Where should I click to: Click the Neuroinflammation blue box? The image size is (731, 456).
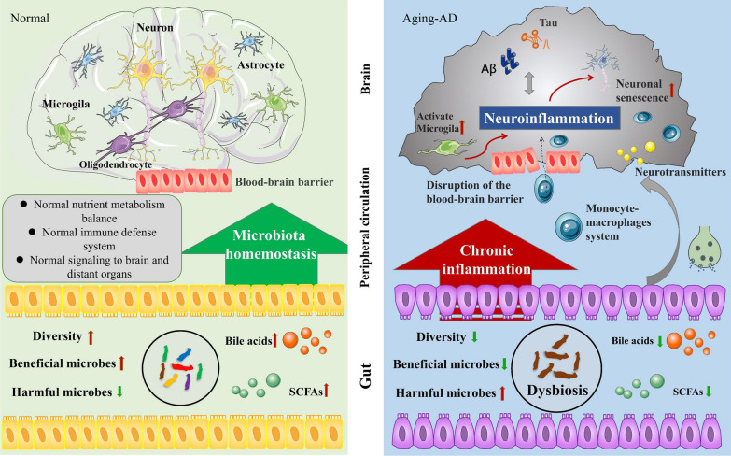[x=550, y=118]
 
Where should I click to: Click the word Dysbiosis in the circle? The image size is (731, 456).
[x=557, y=391]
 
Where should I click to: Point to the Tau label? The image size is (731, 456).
[x=548, y=22]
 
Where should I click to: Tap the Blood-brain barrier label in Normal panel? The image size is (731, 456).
[x=284, y=182]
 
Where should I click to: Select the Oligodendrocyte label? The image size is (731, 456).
[x=116, y=164]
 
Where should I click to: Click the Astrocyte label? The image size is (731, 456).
[x=260, y=64]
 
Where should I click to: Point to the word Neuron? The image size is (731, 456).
[x=155, y=27]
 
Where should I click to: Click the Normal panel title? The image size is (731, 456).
[x=30, y=18]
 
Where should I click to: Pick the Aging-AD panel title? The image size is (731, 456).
[x=429, y=19]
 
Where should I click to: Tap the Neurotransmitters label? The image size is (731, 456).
[x=681, y=172]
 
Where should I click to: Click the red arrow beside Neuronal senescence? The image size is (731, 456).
[x=672, y=91]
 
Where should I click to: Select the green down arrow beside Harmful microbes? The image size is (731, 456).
[x=119, y=392]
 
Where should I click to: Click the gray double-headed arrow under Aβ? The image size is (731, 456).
[x=528, y=84]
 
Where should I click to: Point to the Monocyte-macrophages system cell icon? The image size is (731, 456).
[x=569, y=227]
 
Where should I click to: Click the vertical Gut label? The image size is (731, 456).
[x=366, y=377]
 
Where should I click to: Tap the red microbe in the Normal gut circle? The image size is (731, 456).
[x=182, y=367]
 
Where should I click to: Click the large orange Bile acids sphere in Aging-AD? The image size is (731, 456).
[x=674, y=341]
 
